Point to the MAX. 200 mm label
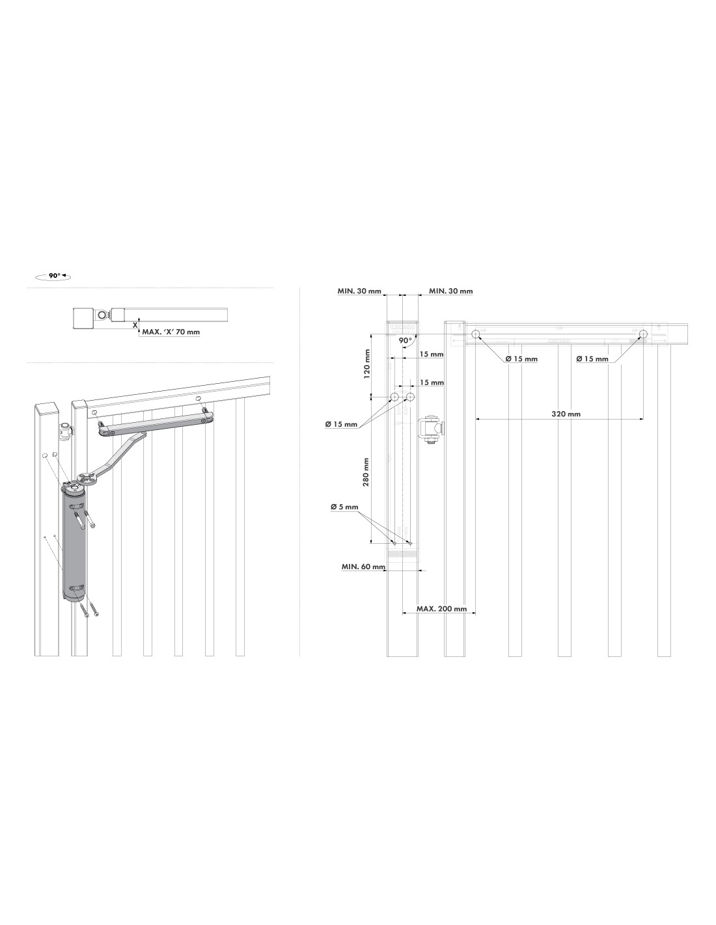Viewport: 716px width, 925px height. (x=441, y=609)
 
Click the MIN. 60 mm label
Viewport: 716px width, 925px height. (x=363, y=567)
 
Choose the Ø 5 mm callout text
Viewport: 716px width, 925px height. (x=344, y=507)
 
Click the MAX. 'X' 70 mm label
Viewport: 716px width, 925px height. (x=171, y=332)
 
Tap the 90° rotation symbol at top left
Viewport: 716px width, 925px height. (x=53, y=276)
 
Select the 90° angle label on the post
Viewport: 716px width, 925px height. (x=405, y=340)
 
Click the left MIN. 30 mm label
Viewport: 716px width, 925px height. (x=359, y=291)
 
